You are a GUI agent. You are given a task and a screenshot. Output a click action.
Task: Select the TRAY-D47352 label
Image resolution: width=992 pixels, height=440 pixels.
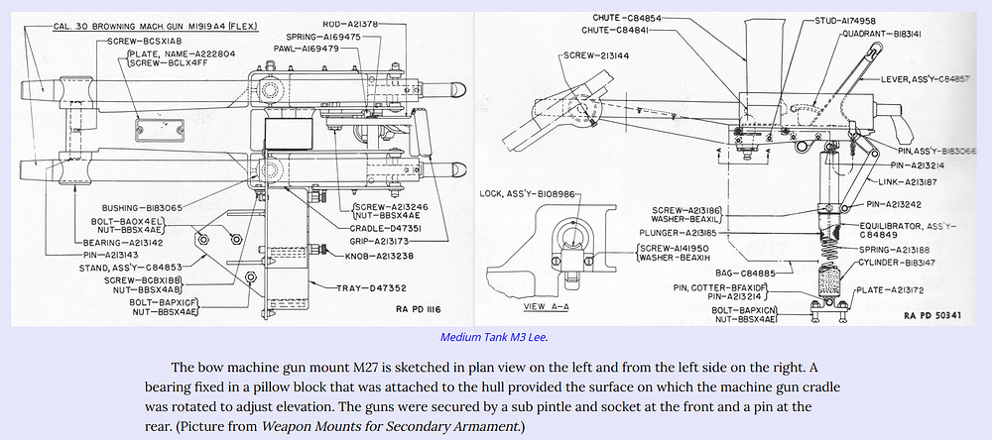tap(343, 287)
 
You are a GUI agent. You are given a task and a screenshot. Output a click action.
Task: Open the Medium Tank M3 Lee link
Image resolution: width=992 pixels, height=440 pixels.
tap(493, 337)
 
